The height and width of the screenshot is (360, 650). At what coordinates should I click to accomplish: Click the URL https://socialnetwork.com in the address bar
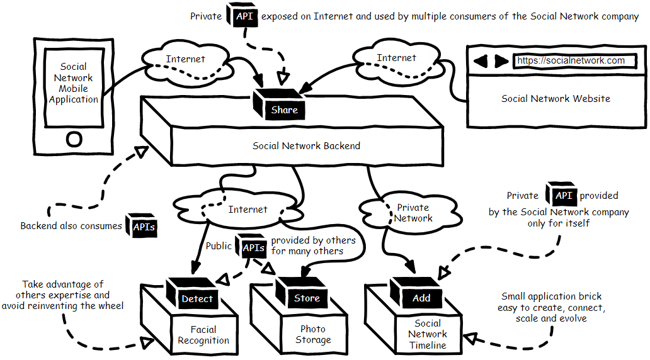(x=571, y=61)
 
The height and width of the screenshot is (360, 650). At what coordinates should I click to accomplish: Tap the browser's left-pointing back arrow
(x=481, y=62)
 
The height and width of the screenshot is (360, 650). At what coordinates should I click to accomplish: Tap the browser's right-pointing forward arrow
(x=501, y=62)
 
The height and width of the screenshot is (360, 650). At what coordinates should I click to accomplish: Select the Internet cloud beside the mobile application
(x=185, y=61)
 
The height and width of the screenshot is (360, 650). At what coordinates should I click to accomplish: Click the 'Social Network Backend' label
(x=306, y=146)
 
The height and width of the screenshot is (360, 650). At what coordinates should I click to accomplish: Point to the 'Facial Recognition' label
(x=203, y=335)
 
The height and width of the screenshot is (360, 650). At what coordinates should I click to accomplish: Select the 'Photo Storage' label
(x=313, y=334)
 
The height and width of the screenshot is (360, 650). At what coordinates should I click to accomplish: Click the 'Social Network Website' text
(x=556, y=99)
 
